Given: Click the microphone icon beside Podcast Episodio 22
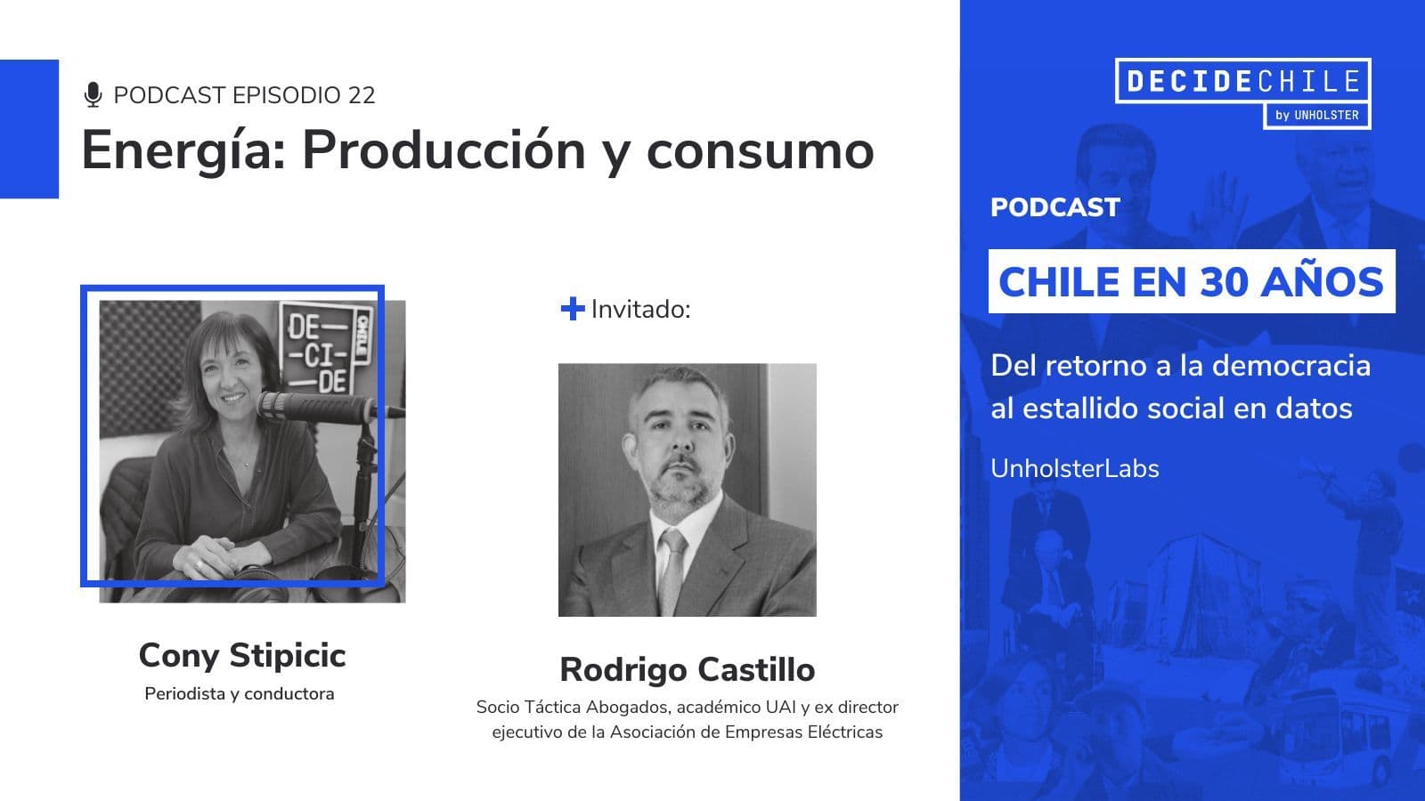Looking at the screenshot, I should point(93,95).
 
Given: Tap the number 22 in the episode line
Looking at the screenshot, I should point(362,95).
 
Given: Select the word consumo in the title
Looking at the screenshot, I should point(760,150).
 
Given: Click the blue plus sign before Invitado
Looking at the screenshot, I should point(572,309).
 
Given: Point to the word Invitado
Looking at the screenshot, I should point(640,310).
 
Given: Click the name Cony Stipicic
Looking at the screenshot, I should point(242,656).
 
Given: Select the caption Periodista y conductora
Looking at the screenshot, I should point(240,693).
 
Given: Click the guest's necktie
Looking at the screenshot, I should point(672,570).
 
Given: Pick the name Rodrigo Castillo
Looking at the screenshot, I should point(687,669).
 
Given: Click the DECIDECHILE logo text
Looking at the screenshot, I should point(1242,81).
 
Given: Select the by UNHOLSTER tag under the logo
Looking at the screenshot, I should point(1316,115).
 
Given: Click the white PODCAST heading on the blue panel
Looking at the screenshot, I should point(1054,207).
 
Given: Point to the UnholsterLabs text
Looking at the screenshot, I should point(1075,468).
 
